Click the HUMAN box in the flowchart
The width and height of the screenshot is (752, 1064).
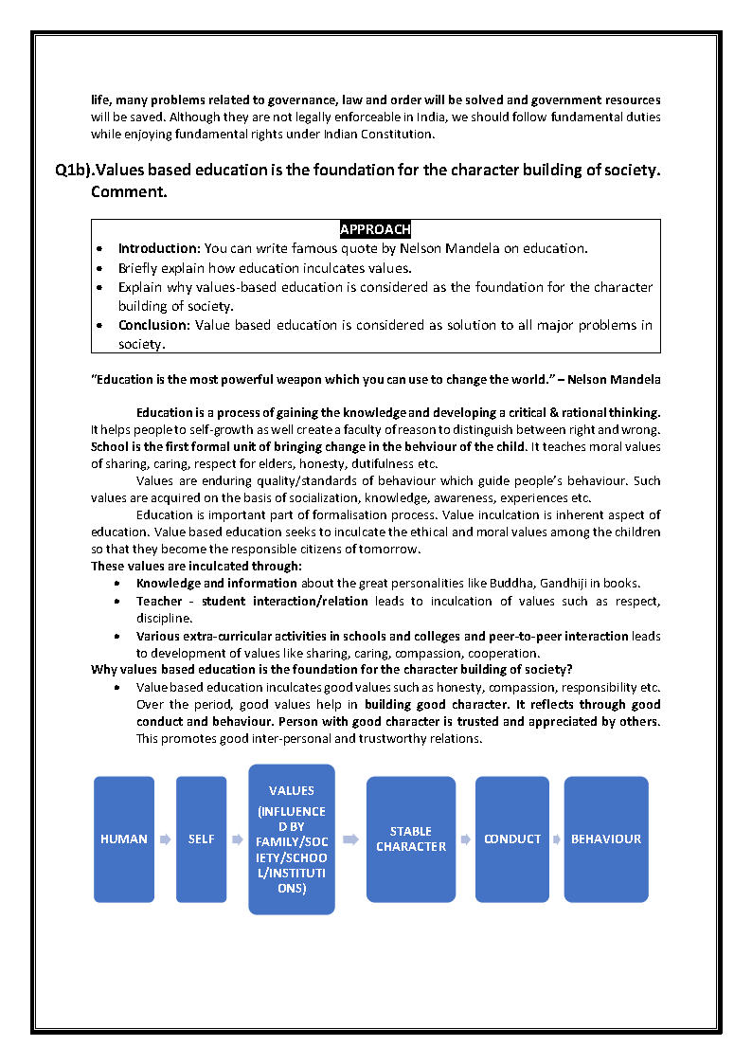[x=124, y=839]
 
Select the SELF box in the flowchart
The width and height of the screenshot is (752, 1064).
[x=201, y=839]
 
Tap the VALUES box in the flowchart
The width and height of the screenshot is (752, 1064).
[x=292, y=839]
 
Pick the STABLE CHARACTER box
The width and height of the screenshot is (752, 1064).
[x=411, y=839]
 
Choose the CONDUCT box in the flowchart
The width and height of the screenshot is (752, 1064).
[x=512, y=839]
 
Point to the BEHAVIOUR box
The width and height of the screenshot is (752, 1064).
[x=606, y=839]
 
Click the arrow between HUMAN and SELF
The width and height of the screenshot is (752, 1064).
[x=164, y=839]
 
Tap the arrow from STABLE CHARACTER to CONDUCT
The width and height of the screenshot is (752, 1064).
[x=466, y=839]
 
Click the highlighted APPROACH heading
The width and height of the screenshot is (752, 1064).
[x=375, y=229]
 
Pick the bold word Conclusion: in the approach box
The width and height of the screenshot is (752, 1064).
[x=154, y=325]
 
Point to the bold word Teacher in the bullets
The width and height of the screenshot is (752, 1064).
[x=160, y=601]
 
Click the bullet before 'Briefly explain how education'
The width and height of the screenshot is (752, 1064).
[x=100, y=267]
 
